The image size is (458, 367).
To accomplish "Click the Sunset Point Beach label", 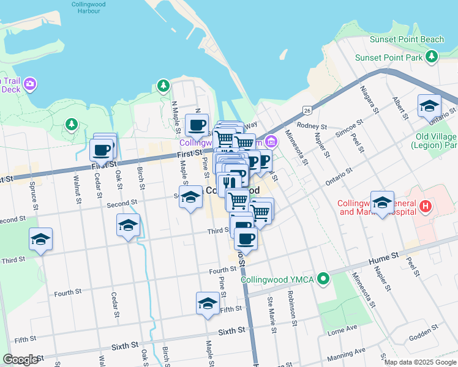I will coord(407,40).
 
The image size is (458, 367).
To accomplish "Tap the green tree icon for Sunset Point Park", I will coord(432,57).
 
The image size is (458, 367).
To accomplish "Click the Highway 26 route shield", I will coord(307,110).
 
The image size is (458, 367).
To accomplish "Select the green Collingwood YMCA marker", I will coord(324,280).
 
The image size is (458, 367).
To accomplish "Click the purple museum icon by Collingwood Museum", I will coord(271,143).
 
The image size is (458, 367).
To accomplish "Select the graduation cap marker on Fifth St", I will coord(208,302).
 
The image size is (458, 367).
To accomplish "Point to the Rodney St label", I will coord(309,126).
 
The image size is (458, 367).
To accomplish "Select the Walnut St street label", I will coord(77,188).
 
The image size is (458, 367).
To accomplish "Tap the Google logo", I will coord(21,360).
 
